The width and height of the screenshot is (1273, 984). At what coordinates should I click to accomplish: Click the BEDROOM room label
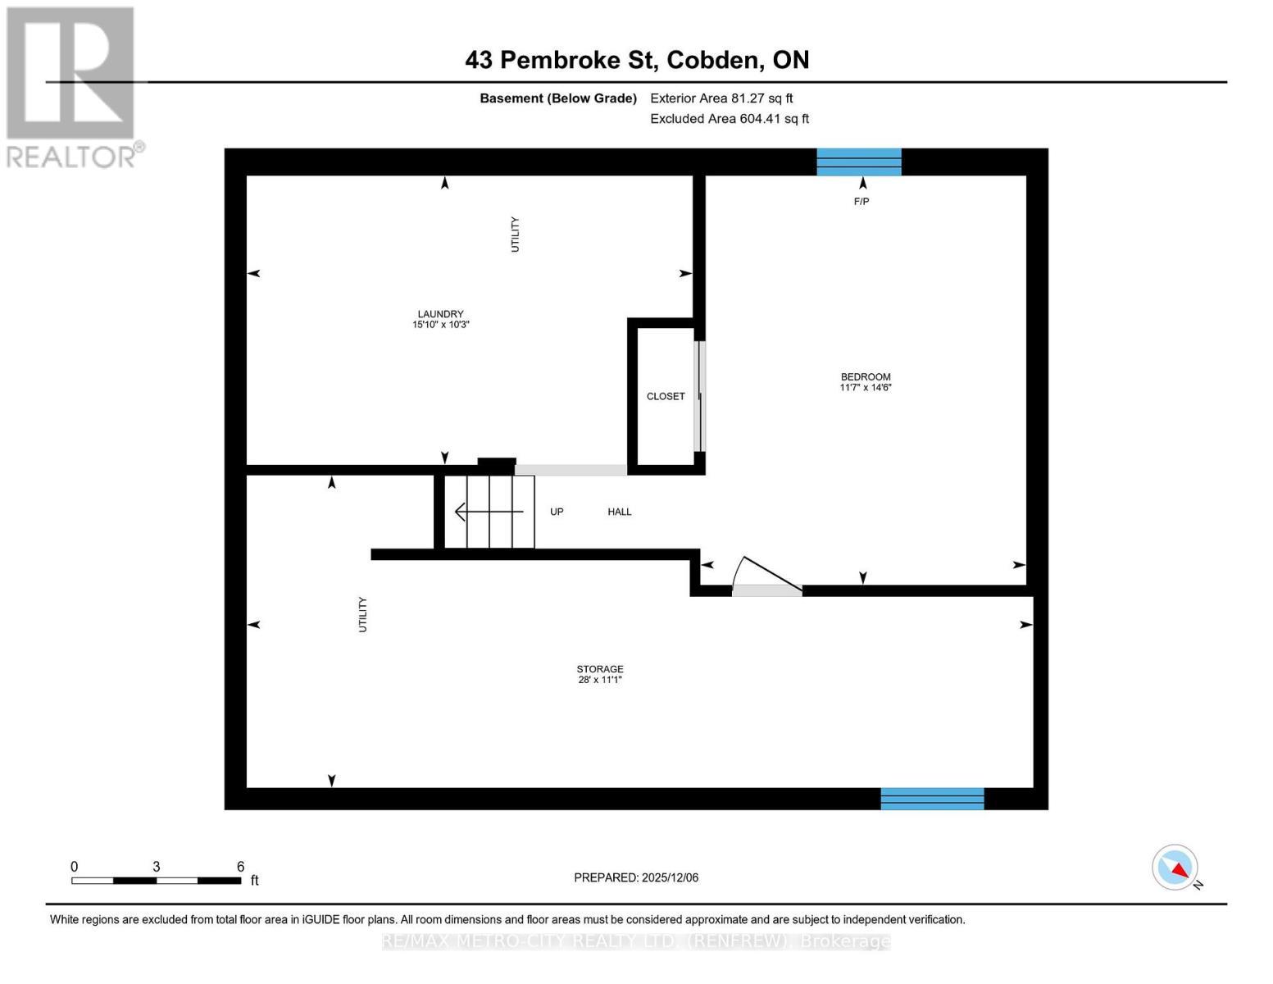coord(865,377)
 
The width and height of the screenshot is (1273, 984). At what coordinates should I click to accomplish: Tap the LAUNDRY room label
coord(440,314)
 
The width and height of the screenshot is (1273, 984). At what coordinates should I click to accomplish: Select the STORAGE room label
coord(599,669)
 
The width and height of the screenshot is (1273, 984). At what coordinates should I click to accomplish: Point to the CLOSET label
coord(665,396)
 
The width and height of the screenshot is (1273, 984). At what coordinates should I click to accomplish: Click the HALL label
coord(619,512)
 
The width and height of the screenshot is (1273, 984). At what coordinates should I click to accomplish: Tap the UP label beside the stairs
coord(557,512)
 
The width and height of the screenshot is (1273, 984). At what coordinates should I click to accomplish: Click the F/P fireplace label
coord(861,202)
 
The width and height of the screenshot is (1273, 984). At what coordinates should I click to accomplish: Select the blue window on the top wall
coord(858,162)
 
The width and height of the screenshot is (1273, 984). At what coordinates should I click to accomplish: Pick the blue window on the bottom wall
coord(931,799)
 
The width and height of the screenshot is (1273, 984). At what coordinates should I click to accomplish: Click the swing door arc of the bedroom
coord(767,572)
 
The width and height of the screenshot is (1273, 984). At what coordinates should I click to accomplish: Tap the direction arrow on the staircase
coord(489,512)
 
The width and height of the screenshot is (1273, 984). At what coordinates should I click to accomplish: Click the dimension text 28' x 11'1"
coord(599,680)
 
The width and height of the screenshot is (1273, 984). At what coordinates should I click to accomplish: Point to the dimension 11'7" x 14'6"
coord(865,388)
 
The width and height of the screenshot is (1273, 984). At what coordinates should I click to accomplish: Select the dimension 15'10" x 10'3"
coord(440,325)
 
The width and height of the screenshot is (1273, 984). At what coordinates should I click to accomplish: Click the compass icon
coord(1175,868)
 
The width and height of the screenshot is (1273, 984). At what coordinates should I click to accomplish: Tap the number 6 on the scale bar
coord(240,867)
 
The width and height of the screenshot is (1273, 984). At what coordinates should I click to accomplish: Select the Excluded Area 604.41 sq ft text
coord(729,119)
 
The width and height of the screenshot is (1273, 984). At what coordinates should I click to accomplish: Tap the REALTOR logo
coord(72,86)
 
